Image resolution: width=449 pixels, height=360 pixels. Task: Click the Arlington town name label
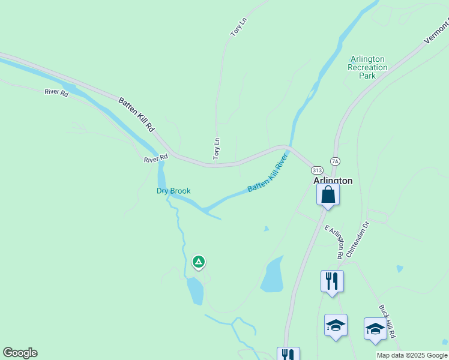click(333, 180)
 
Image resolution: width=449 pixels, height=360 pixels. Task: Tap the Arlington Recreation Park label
click(367, 67)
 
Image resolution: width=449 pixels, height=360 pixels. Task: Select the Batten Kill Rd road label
click(136, 115)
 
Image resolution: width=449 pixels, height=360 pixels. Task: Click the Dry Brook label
click(173, 191)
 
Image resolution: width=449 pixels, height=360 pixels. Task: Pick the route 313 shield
click(318, 170)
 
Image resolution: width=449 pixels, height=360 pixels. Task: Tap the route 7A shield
click(335, 161)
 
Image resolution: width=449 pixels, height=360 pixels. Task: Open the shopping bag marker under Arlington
click(328, 195)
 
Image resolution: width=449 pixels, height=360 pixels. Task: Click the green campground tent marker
click(198, 262)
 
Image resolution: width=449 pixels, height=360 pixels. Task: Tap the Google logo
click(20, 353)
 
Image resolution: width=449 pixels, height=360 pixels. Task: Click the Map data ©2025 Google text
click(412, 355)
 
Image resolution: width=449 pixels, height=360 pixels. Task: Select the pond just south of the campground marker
click(195, 291)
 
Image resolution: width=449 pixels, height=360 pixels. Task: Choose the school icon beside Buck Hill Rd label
click(375, 329)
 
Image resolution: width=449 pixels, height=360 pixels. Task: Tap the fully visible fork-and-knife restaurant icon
click(332, 281)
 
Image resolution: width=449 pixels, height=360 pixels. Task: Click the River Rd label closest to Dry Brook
click(155, 159)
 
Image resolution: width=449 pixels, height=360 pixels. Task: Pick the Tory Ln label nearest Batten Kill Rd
click(217, 149)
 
